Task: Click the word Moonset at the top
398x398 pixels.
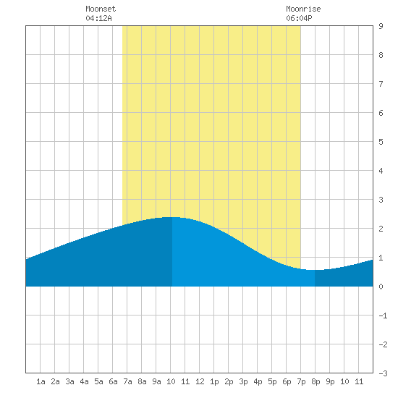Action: [101, 9]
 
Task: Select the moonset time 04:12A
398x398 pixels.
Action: [98, 18]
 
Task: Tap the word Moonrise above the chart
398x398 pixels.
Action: [303, 9]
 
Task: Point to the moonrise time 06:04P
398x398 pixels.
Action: [299, 18]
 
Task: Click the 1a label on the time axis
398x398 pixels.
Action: [41, 381]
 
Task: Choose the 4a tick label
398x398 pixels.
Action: [84, 381]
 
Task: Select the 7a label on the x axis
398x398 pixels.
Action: [127, 381]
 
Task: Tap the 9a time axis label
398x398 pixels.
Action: [156, 381]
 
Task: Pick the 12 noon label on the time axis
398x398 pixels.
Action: [200, 381]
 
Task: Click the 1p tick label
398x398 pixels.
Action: [214, 381]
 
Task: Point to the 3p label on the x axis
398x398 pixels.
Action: [243, 381]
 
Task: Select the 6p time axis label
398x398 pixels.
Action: [287, 381]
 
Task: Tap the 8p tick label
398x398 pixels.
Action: [316, 381]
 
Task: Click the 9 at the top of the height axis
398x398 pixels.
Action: [381, 26]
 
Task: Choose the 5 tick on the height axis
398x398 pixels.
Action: [381, 142]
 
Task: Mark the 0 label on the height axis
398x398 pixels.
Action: [381, 287]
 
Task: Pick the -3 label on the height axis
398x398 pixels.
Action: [383, 373]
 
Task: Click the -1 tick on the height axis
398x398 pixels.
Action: [383, 316]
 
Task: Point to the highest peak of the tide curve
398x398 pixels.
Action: [172, 217]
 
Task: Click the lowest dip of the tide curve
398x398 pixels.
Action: [315, 270]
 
